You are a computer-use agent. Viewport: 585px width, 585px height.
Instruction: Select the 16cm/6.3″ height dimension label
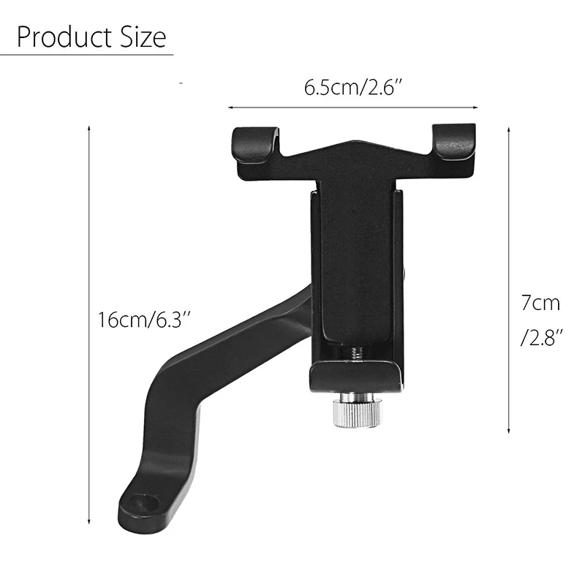pos(144,320)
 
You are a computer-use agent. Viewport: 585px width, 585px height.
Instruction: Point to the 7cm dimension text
pos(540,303)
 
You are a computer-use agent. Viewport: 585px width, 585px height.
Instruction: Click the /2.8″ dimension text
pos(541,337)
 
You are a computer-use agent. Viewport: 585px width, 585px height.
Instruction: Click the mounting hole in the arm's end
pos(144,504)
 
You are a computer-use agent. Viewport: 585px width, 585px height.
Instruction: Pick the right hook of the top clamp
pos(453,142)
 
